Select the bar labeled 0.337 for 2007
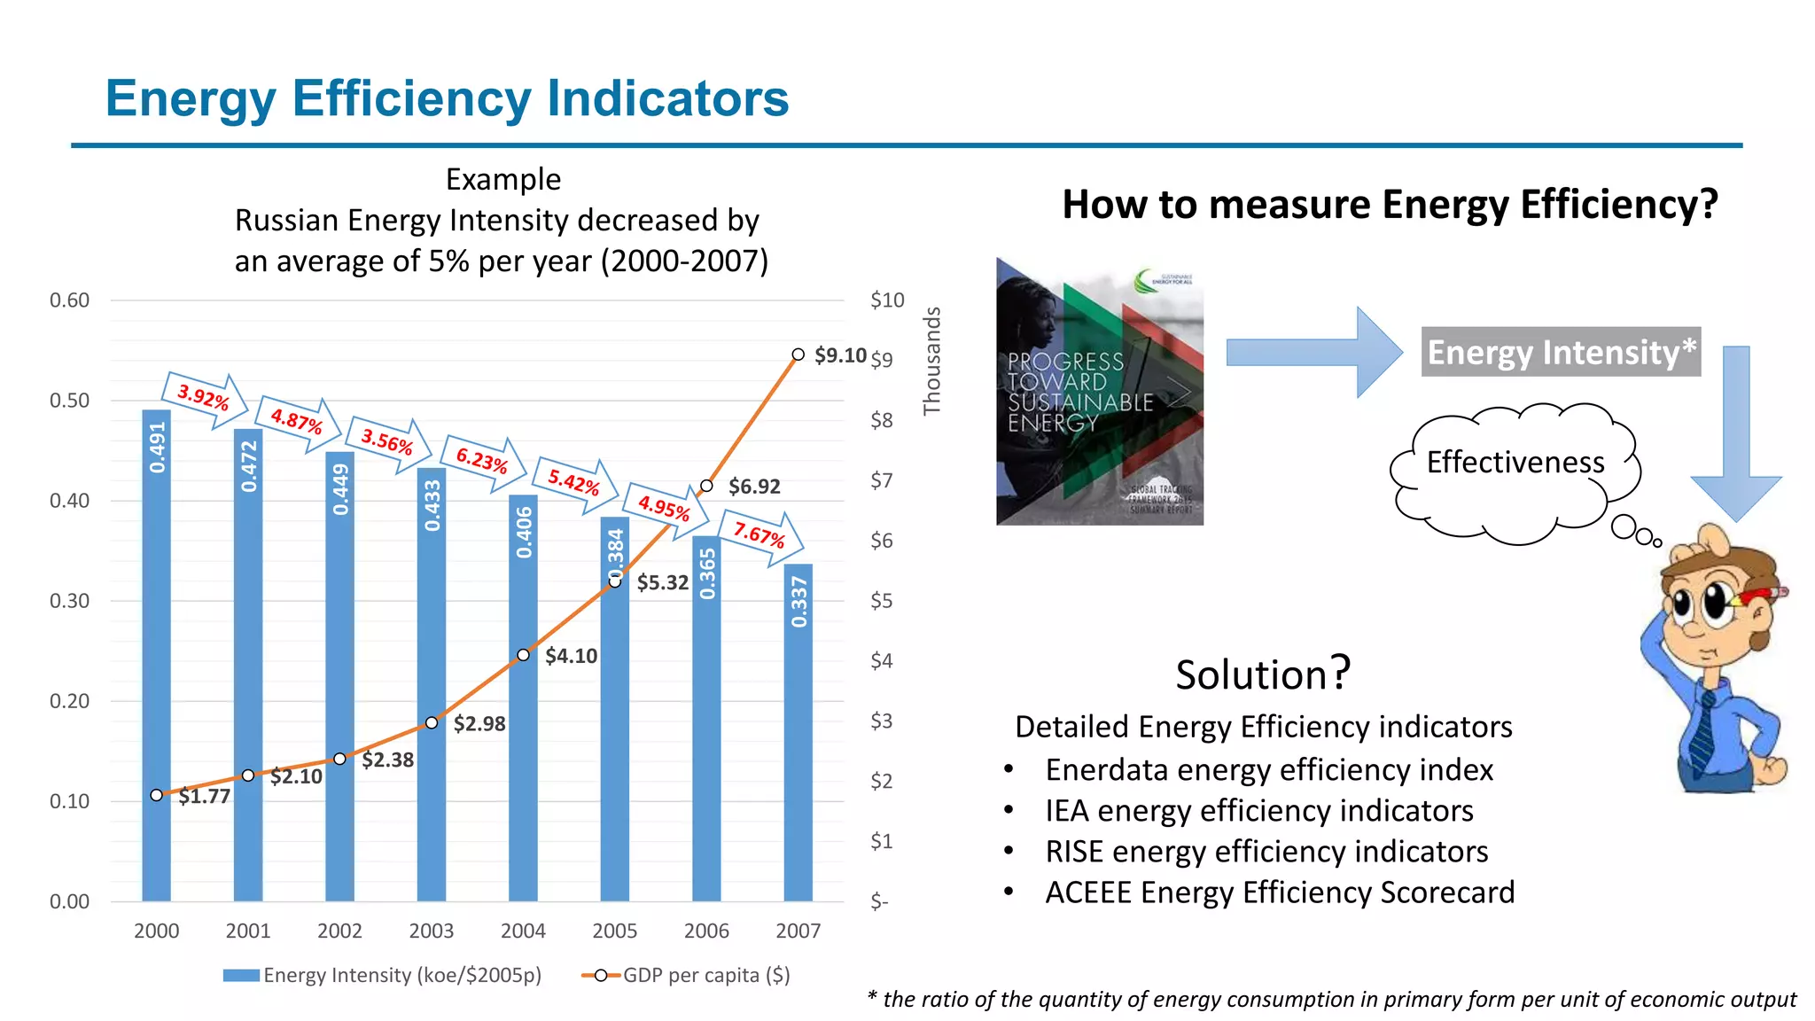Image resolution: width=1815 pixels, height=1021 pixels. [798, 753]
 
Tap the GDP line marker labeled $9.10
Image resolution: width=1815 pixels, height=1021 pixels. [798, 355]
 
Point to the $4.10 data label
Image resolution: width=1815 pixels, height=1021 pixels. [571, 656]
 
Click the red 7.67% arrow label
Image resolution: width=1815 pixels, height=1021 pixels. [760, 534]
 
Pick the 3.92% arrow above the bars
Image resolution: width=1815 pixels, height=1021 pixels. [203, 398]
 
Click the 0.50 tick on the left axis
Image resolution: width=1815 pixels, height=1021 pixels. [69, 401]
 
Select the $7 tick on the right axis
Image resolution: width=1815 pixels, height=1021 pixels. [881, 481]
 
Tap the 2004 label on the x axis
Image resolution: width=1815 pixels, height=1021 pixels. [523, 931]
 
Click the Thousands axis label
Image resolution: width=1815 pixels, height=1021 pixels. [931, 361]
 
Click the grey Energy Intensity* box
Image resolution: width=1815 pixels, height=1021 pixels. [1561, 352]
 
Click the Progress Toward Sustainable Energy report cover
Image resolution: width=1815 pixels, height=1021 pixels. [1099, 392]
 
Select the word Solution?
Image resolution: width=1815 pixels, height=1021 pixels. [1262, 674]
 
